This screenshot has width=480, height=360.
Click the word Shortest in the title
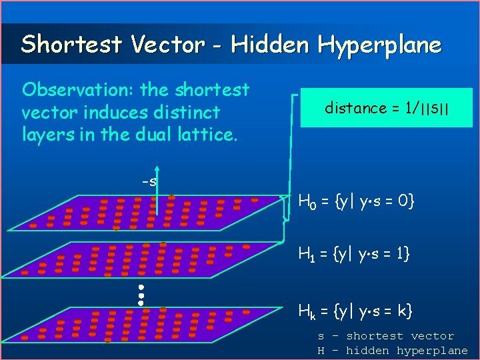(72, 45)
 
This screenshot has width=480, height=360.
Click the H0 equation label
(357, 200)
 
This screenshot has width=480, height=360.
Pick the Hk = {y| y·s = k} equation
(355, 310)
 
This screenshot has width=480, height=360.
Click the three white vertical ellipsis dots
(141, 295)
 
